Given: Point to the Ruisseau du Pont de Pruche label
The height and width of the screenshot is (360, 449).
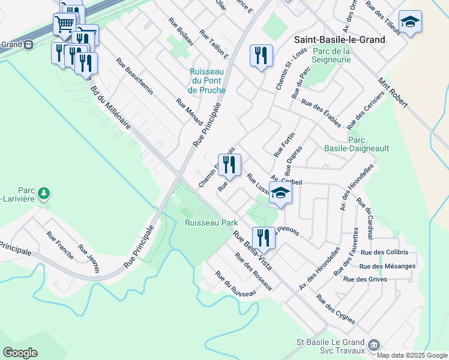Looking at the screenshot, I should [206, 80].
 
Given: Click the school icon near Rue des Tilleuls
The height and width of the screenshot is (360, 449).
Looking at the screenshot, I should [410, 23].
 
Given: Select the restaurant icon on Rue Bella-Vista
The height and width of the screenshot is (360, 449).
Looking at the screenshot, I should [264, 237].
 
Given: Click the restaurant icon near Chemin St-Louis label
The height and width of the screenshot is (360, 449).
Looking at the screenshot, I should [261, 56].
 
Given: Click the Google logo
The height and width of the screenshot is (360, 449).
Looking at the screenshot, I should [20, 353].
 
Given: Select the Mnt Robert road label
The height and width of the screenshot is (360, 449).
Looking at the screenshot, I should [393, 92].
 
